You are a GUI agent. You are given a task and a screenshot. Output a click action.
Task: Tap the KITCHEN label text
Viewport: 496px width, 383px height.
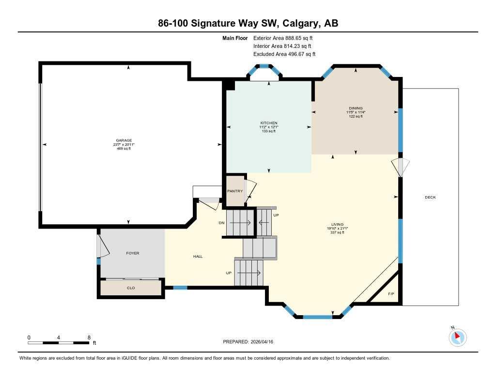click(x=269, y=123)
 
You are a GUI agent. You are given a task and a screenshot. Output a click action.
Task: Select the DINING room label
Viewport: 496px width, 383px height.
click(x=356, y=108)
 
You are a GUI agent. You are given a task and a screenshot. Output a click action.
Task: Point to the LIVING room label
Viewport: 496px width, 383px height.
click(x=338, y=225)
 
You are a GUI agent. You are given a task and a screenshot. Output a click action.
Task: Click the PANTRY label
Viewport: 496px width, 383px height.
click(x=235, y=191)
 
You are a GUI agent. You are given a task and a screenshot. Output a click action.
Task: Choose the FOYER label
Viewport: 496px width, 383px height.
click(x=133, y=253)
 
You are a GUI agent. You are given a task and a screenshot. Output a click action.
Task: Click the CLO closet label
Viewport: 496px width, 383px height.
click(x=131, y=288)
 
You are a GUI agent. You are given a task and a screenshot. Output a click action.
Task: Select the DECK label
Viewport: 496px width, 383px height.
click(x=430, y=197)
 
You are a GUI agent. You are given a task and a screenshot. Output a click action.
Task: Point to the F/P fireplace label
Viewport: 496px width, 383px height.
click(x=391, y=294)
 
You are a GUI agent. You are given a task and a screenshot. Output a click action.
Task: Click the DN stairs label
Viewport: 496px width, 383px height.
click(x=221, y=223)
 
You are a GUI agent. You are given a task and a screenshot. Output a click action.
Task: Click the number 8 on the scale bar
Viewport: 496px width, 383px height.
click(x=89, y=337)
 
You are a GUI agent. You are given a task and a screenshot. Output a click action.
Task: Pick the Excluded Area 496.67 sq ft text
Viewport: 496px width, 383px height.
click(x=284, y=54)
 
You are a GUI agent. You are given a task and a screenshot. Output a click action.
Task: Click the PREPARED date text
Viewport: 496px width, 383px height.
click(x=251, y=342)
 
